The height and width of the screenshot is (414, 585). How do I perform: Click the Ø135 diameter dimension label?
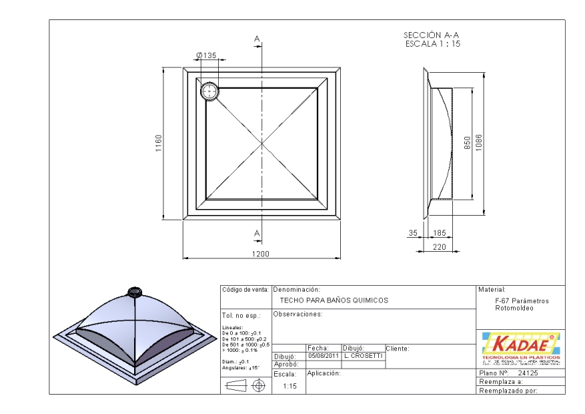click(207, 56)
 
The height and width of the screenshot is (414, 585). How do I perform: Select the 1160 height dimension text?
click(159, 143)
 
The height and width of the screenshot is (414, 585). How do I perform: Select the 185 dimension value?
click(440, 233)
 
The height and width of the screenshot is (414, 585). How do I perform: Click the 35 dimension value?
click(413, 233)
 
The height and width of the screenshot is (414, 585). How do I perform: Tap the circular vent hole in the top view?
click(209, 91)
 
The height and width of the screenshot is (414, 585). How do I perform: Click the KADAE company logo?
click(519, 347)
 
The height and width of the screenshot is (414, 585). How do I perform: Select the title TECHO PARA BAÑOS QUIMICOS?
click(334, 301)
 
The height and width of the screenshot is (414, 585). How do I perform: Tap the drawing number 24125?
click(528, 373)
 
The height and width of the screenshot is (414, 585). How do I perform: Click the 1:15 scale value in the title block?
click(289, 386)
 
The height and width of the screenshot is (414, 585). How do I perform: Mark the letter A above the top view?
click(257, 39)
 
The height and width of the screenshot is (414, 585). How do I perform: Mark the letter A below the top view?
click(257, 232)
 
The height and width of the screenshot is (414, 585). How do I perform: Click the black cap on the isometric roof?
click(134, 291)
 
